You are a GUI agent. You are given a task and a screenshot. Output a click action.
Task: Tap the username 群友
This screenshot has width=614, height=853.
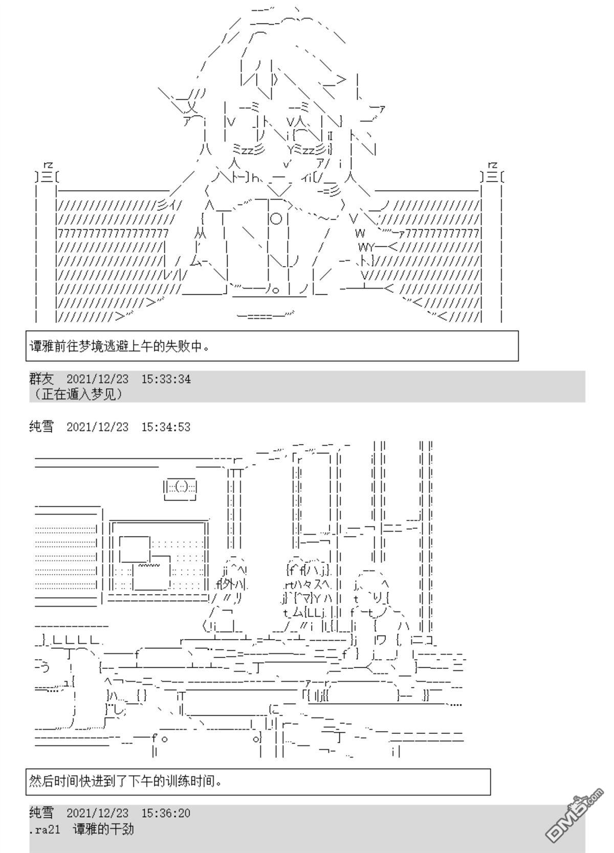point(41,379)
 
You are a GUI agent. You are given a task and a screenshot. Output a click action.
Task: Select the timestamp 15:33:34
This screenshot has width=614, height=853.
point(166,379)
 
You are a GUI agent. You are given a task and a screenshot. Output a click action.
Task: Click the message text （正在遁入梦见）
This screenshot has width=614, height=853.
point(78,394)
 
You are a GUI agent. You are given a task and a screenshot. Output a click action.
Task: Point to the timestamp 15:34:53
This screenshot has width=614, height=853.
point(166,427)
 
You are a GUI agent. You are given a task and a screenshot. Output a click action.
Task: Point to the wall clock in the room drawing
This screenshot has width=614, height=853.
point(180,489)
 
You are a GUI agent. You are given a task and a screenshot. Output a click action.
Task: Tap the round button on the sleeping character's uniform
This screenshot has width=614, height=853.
point(276,218)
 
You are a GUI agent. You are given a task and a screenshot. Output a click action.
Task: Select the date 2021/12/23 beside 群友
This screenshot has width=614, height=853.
point(98,379)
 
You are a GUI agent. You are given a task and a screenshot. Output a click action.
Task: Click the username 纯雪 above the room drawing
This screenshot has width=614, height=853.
point(41,427)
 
